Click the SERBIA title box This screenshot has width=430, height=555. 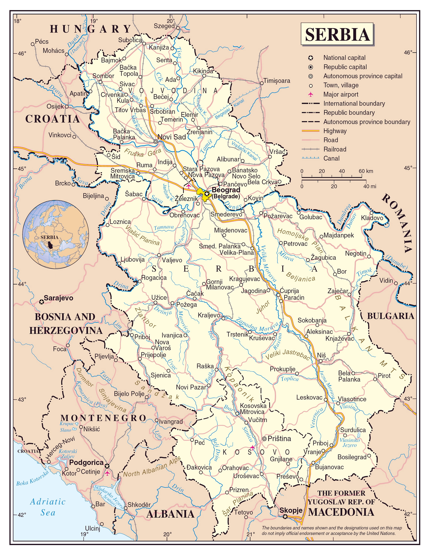[337, 34]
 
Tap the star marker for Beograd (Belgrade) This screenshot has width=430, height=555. [207, 194]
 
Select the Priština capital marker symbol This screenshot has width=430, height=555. [264, 439]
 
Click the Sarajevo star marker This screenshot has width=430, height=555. [41, 302]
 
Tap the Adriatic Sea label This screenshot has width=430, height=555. [48, 507]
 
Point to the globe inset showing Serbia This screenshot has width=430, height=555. [55, 234]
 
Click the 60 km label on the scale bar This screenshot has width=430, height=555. [366, 171]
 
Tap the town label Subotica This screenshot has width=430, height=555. [130, 40]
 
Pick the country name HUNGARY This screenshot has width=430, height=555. [90, 29]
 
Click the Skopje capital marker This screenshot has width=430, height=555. [285, 517]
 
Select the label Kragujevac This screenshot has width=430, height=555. [244, 279]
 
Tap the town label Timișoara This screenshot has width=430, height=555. [277, 81]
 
